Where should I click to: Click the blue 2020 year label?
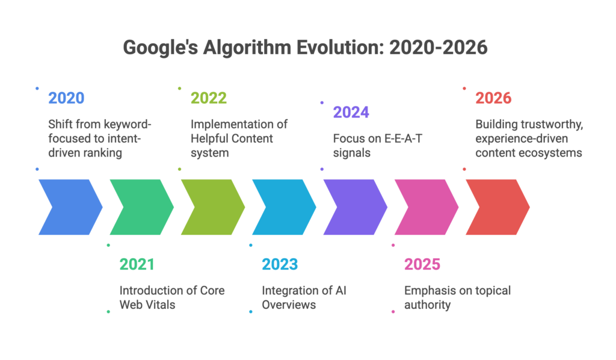66,98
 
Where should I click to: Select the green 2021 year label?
137,264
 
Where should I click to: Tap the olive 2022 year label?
208,98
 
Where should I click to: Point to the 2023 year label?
280,264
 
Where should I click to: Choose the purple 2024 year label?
351,112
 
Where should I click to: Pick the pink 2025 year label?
422,264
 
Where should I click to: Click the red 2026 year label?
493,98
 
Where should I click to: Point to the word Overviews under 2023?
289,305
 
